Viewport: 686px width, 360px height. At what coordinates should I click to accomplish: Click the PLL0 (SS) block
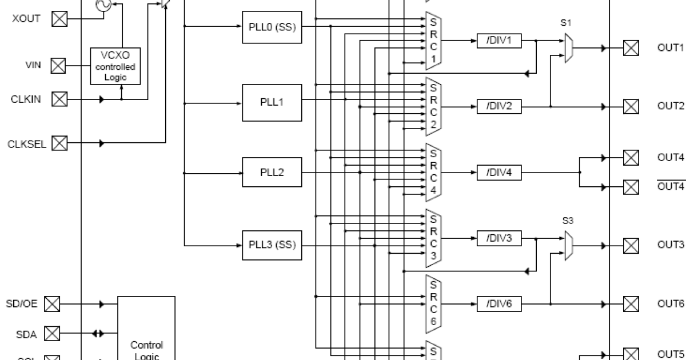click(x=272, y=27)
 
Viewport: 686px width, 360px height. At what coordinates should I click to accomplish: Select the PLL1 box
click(x=272, y=102)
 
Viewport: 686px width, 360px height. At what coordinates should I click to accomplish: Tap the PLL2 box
click(x=272, y=172)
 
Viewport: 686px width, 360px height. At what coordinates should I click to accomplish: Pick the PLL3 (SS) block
click(x=272, y=245)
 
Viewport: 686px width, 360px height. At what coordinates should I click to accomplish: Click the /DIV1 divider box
click(x=499, y=41)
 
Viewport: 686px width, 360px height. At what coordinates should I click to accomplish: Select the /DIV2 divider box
click(x=499, y=106)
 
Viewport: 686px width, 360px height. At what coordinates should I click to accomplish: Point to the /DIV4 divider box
click(x=499, y=172)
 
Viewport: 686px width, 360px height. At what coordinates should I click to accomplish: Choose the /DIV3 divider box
click(x=499, y=238)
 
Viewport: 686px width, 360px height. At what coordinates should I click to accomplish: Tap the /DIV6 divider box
click(x=499, y=304)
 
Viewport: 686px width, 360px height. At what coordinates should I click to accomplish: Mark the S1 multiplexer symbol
click(x=569, y=48)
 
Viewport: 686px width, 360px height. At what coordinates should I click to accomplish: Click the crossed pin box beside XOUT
click(x=59, y=19)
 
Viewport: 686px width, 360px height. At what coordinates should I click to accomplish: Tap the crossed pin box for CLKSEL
click(x=59, y=143)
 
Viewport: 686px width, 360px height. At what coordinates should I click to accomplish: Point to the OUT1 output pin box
click(x=631, y=48)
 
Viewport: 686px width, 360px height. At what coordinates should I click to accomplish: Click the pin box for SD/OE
click(x=52, y=304)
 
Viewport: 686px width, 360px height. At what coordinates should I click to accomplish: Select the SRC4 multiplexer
click(x=433, y=172)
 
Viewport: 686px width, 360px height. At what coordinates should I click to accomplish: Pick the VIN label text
click(x=33, y=66)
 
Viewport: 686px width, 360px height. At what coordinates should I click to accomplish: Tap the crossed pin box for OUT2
click(x=631, y=106)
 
